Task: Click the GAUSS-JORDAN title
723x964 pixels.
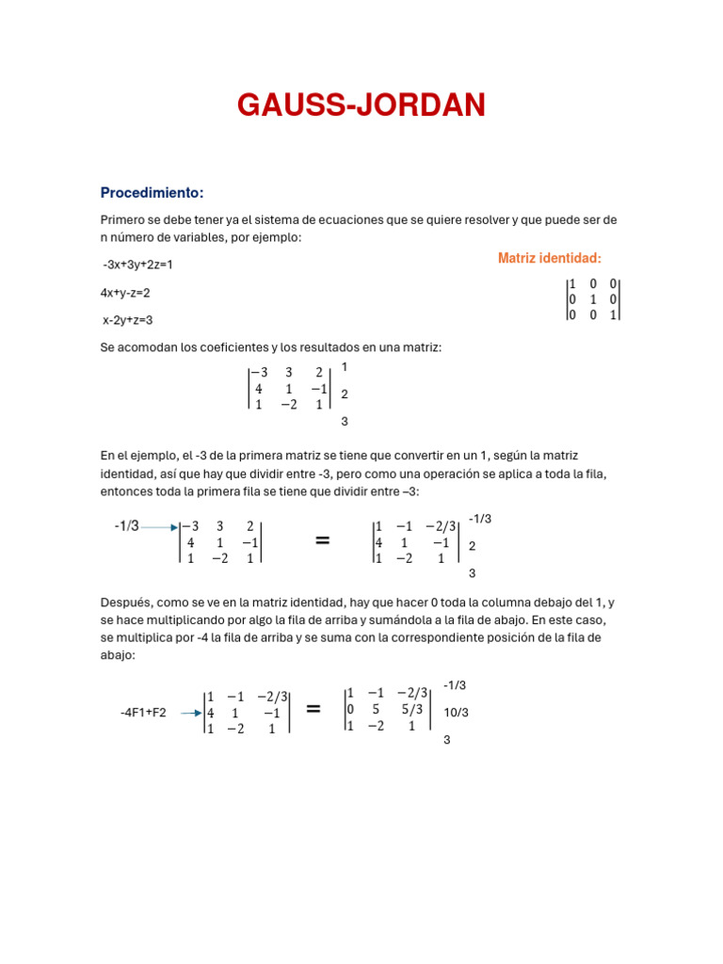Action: tap(361, 105)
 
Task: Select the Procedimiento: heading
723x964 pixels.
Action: tap(152, 193)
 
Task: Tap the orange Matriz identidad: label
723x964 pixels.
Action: tap(549, 259)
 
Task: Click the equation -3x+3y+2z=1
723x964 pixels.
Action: tap(138, 265)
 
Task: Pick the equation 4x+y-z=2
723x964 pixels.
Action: tap(125, 293)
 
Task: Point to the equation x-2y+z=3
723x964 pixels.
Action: tap(128, 320)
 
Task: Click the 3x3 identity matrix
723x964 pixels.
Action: tap(592, 299)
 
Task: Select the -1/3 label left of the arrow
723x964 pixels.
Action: tap(126, 526)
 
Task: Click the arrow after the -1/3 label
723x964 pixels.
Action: tap(159, 527)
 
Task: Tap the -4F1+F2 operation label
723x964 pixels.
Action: tap(143, 713)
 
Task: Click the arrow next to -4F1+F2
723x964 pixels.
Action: tap(191, 713)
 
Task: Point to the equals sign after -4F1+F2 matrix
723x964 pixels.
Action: tap(314, 709)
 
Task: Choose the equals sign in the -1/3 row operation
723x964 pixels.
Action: tap(322, 540)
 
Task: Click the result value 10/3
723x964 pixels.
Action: tap(456, 713)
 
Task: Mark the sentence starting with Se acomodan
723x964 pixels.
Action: tap(270, 347)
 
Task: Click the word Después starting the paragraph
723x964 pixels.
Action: tap(125, 602)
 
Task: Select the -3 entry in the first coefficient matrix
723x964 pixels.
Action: tap(257, 372)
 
